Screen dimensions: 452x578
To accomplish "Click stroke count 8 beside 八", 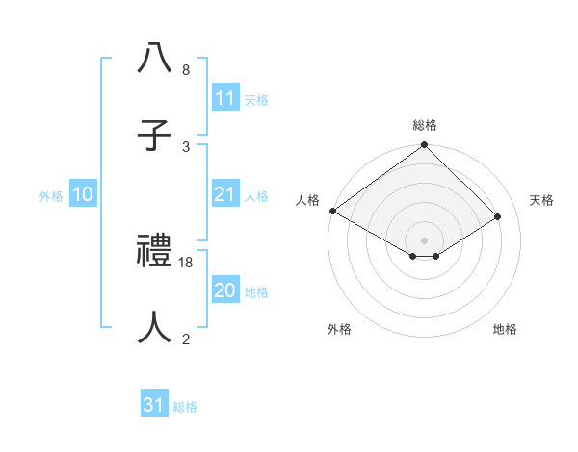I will (185, 70).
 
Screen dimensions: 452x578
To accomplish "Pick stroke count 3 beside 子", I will (185, 146).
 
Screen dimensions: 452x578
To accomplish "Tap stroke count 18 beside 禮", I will (187, 262).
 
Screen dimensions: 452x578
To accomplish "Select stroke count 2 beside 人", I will (185, 339).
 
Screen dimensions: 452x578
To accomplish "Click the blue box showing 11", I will (225, 98).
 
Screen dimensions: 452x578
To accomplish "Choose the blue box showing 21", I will (225, 194).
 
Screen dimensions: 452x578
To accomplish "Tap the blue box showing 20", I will (225, 290).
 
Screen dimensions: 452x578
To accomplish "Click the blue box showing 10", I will (83, 194).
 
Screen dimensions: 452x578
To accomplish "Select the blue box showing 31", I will (154, 405).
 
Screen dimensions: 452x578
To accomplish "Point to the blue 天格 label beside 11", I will (256, 99).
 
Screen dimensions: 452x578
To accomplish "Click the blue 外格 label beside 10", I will (51, 195).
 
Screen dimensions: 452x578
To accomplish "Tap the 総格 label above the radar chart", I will (425, 125).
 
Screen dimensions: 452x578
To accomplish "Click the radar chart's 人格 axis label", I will (307, 200).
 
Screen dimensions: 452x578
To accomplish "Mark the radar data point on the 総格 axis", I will (425, 145).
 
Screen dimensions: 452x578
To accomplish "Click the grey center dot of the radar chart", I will (425, 239).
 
